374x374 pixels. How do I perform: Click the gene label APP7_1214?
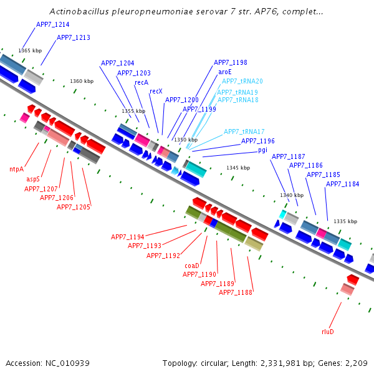[52, 24]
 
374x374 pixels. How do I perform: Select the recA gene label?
[141, 82]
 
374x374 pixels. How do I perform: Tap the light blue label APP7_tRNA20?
[242, 81]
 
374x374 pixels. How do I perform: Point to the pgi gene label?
[262, 150]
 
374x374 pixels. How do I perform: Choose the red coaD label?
[192, 266]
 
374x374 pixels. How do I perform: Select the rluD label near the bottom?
[328, 332]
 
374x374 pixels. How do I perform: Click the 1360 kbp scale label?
[82, 81]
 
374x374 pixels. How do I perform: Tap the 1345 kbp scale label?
[237, 168]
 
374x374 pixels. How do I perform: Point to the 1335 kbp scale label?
[345, 221]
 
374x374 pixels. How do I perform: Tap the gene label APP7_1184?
[343, 184]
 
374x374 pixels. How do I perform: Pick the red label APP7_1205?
[74, 207]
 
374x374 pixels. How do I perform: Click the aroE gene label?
[225, 72]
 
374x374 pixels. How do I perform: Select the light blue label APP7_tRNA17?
[244, 132]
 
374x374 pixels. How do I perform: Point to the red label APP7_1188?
[236, 292]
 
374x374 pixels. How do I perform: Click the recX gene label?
[156, 91]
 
